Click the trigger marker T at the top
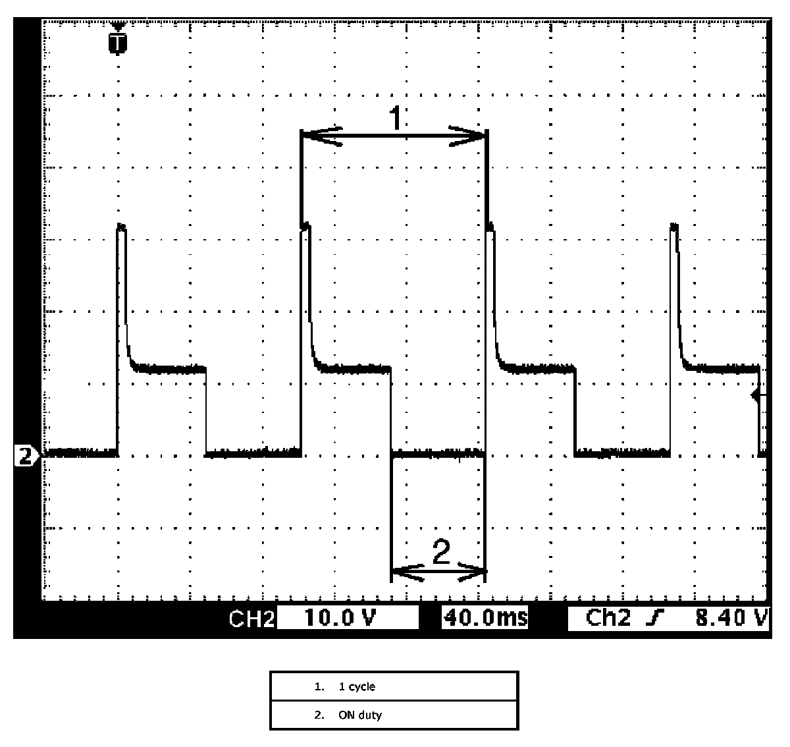[118, 43]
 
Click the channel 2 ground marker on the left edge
[26, 456]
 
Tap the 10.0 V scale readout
[340, 618]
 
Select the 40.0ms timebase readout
[486, 618]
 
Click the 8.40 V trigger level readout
[731, 618]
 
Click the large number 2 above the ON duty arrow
[442, 551]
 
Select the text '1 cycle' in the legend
[357, 686]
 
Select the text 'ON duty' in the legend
[360, 715]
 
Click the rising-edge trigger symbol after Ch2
[655, 618]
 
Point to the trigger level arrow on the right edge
[758, 395]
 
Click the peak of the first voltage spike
[121, 225]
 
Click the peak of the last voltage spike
[674, 225]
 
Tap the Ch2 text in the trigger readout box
[608, 618]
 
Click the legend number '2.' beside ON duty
[319, 715]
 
